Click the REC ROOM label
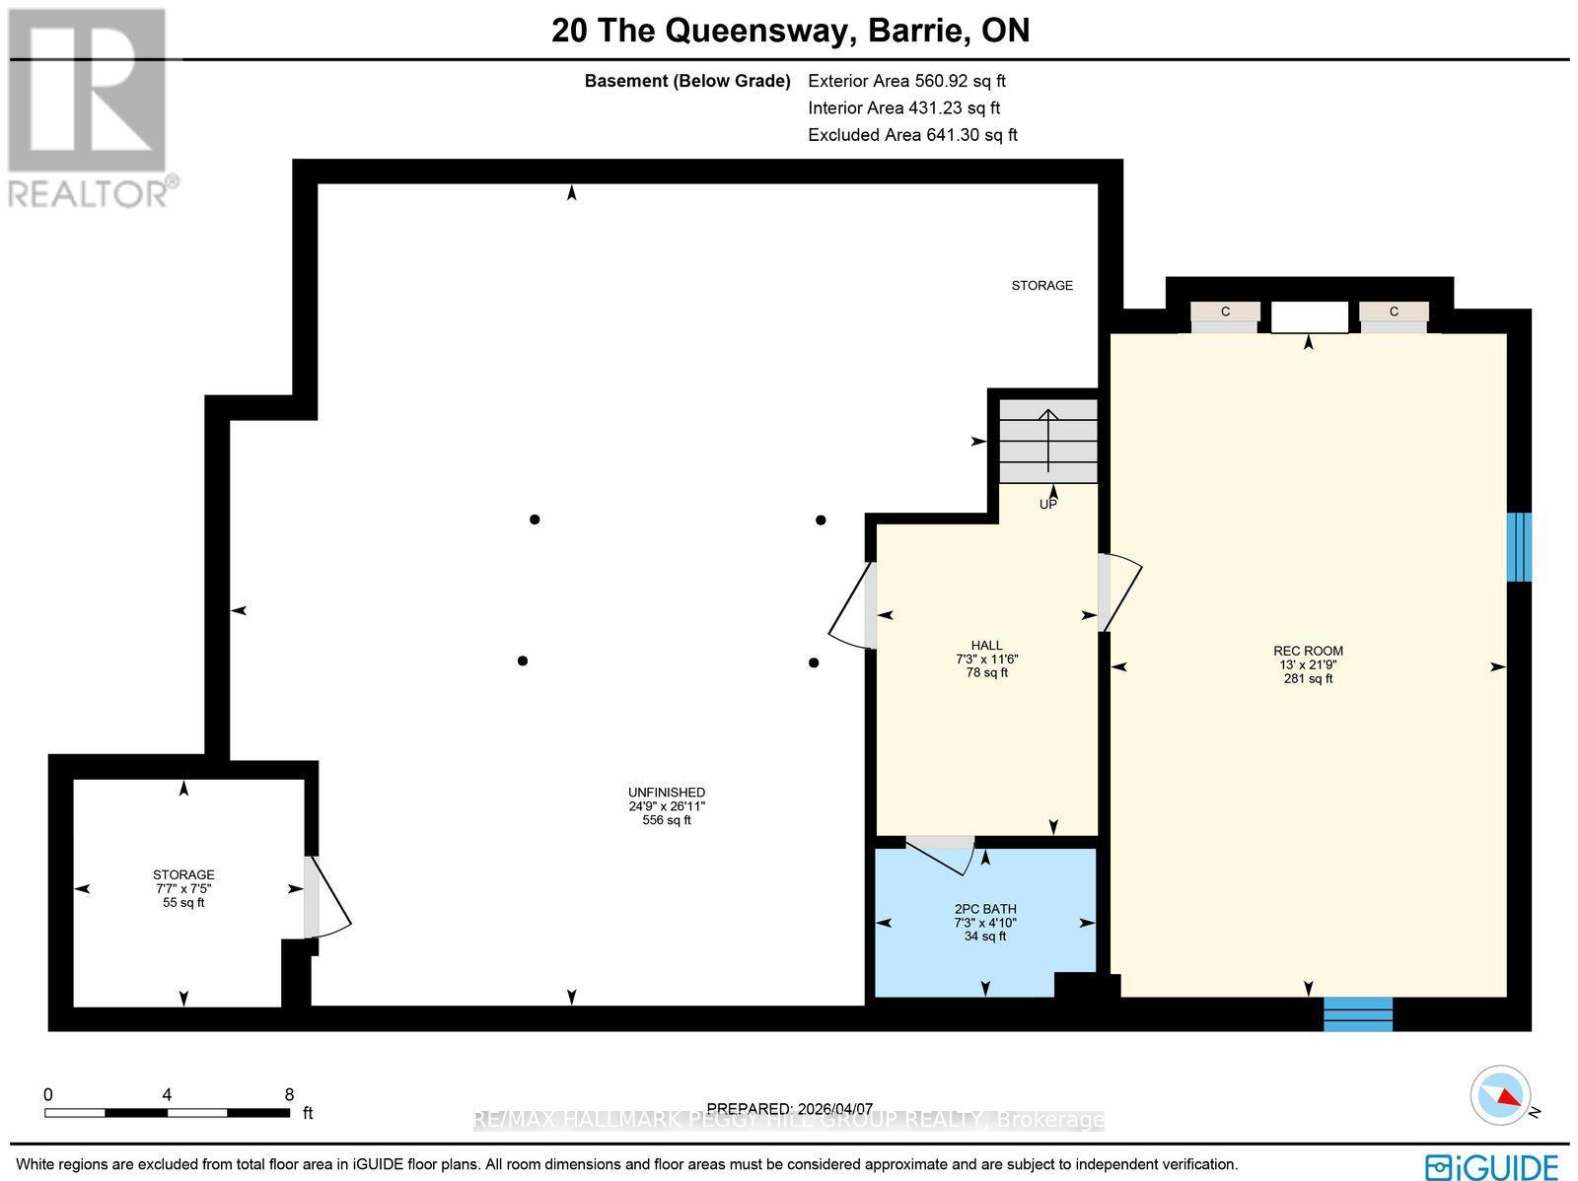[x=1308, y=651]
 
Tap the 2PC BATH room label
[x=985, y=909]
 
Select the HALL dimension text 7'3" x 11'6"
[x=985, y=660]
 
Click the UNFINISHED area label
[x=667, y=793]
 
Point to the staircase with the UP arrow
[x=1048, y=441]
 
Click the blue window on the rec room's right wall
[x=1519, y=547]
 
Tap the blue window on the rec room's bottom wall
[x=1357, y=1013]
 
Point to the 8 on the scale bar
[x=289, y=1094]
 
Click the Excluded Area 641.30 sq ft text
[x=912, y=135]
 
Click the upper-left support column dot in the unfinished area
[x=535, y=519]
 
